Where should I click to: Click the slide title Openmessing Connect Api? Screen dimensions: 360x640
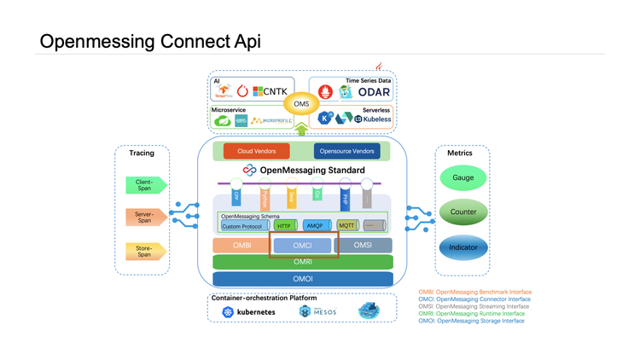tap(150, 42)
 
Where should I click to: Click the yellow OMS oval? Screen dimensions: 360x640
tap(300, 104)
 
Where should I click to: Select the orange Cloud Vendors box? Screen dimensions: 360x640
tap(256, 151)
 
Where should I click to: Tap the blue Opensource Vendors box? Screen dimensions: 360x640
tap(346, 151)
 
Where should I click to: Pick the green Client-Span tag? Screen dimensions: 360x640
tap(143, 183)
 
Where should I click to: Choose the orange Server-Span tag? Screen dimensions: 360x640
tap(143, 217)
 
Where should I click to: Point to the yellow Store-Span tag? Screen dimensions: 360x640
tap(143, 251)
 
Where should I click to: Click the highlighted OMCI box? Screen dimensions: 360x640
tap(303, 245)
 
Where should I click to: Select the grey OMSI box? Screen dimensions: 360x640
tap(364, 245)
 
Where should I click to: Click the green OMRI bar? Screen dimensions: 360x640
tap(303, 262)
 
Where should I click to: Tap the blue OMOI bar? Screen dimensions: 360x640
tap(303, 279)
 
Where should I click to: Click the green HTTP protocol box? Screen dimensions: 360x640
tap(285, 226)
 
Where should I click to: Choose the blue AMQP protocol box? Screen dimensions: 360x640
tap(314, 226)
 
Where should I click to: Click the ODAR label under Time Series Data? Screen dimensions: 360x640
tap(374, 91)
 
